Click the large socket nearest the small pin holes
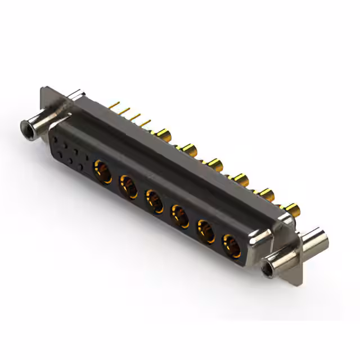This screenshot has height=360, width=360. (x=103, y=169)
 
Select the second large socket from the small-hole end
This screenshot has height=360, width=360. (x=128, y=185)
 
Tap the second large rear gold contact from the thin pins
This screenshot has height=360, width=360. (x=188, y=148)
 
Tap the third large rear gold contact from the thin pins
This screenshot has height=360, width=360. (x=215, y=164)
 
